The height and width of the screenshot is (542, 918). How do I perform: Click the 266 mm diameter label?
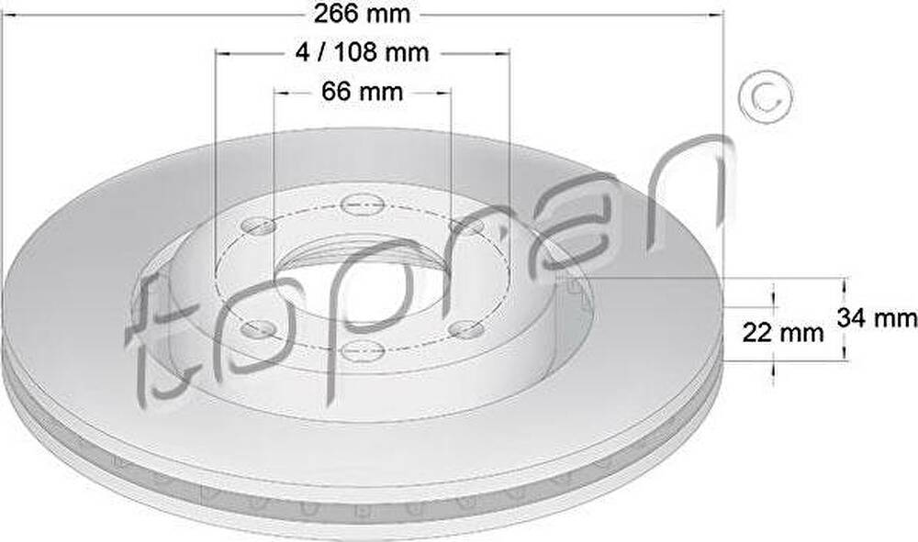(x=362, y=14)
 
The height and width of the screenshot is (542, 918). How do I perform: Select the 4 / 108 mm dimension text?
(x=363, y=52)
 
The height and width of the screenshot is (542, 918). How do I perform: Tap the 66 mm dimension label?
(x=363, y=91)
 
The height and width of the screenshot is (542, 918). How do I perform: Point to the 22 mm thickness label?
(x=783, y=333)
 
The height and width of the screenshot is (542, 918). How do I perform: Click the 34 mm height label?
(x=877, y=318)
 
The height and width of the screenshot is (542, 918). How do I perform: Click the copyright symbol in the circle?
(x=766, y=97)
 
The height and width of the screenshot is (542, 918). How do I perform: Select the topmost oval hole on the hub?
(x=363, y=205)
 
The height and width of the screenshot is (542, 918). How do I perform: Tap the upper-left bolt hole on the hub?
(x=258, y=225)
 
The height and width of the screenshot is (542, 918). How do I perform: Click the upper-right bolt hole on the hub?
(x=466, y=226)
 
